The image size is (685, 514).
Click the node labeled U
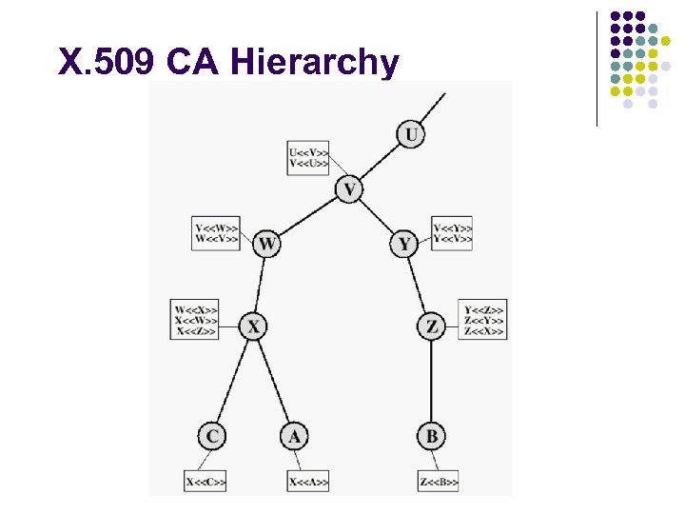[410, 134]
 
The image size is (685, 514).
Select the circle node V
[349, 189]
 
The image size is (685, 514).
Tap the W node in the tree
[267, 245]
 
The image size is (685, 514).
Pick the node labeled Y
[404, 245]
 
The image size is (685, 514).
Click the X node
[252, 326]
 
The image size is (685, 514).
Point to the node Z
[431, 326]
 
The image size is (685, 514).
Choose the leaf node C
[212, 436]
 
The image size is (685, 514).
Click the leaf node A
[294, 436]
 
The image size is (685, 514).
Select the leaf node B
[431, 436]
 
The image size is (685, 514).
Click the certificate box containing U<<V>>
[309, 158]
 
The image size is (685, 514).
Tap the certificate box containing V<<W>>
[216, 233]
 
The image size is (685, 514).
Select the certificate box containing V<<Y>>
[452, 233]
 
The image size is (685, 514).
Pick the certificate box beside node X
[196, 320]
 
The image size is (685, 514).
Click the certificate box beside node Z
[483, 320]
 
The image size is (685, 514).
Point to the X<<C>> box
[205, 483]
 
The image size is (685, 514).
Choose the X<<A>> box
[308, 483]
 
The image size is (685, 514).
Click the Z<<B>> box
[438, 483]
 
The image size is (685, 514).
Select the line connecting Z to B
[431, 381]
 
